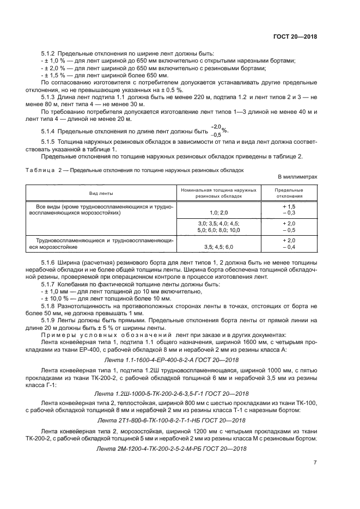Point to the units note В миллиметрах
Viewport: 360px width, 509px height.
297,177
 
